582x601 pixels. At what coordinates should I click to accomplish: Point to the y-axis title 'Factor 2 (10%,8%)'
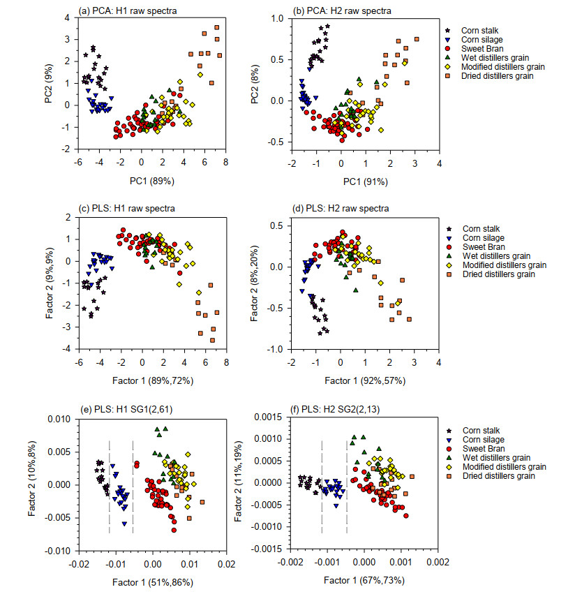point(33,484)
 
